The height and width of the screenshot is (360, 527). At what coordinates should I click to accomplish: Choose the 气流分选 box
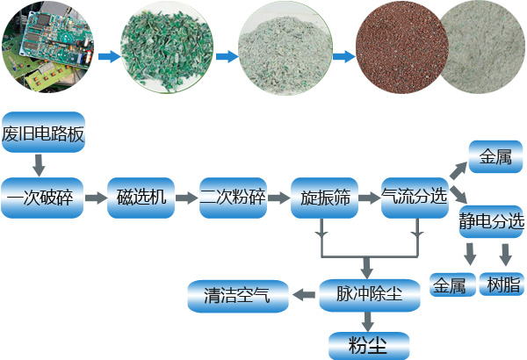[415, 198]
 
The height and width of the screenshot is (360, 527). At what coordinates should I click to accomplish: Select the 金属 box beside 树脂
[451, 284]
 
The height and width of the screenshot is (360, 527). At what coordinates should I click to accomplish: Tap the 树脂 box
[502, 284]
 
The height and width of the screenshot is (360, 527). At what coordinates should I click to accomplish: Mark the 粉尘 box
[369, 343]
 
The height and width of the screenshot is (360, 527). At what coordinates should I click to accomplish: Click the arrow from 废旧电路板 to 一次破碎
[39, 164]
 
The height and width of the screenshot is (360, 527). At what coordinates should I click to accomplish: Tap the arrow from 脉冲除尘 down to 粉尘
[369, 320]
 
